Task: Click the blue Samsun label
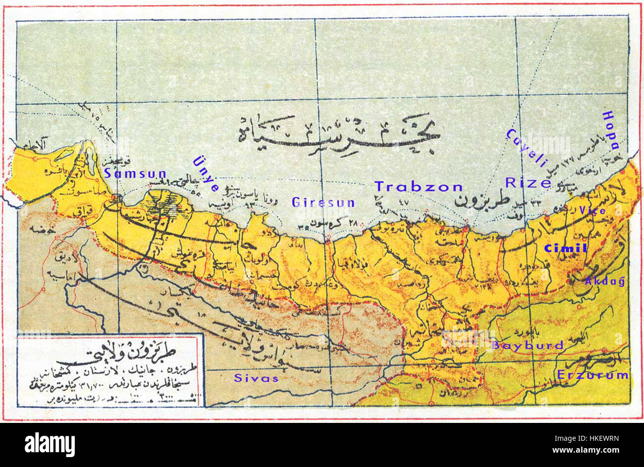pyautogui.click(x=135, y=174)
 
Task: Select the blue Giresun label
pyautogui.click(x=323, y=203)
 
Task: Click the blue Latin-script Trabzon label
pyautogui.click(x=418, y=187)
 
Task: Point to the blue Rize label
pyautogui.click(x=528, y=183)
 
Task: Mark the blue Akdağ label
pyautogui.click(x=605, y=281)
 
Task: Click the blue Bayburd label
pyautogui.click(x=528, y=345)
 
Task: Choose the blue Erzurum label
pyautogui.click(x=592, y=375)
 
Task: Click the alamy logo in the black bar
pyautogui.click(x=50, y=444)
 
